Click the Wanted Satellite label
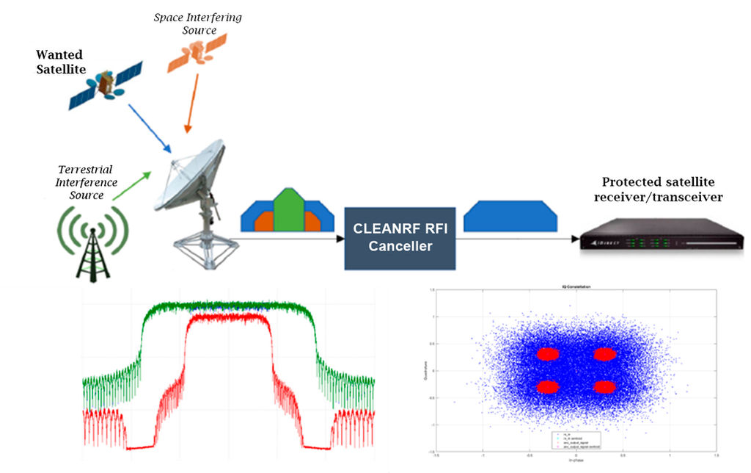coord(61,62)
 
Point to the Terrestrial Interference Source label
coord(87,182)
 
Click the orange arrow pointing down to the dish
coord(193,103)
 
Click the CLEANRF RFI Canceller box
coord(400,236)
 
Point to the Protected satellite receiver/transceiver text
coord(662,189)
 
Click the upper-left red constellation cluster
coord(547,354)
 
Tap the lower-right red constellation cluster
coord(604,387)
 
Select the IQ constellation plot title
coord(576,285)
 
